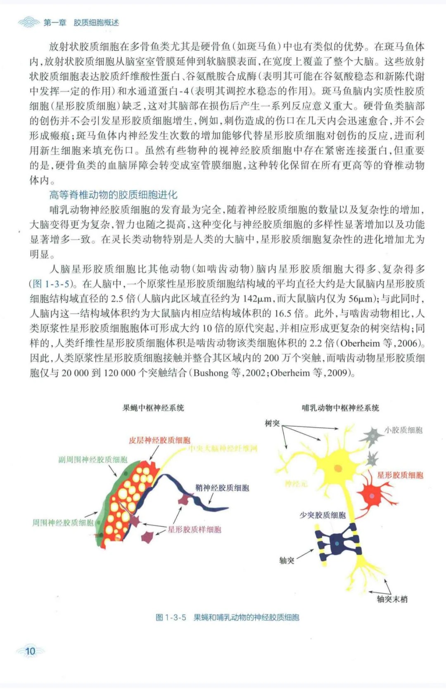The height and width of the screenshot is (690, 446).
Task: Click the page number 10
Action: coord(31,652)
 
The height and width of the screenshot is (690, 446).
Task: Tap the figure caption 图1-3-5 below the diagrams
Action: coord(227,617)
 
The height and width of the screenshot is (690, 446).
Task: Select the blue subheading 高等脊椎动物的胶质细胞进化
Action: coord(113,195)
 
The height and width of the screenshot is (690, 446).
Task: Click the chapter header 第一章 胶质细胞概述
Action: coord(81,23)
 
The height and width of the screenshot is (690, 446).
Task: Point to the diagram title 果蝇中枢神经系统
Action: coord(153,408)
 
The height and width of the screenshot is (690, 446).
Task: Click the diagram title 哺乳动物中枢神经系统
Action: coord(340,408)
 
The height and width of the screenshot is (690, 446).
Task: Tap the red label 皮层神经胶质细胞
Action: coord(159,440)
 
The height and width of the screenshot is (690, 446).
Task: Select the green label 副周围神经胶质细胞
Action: coord(93,459)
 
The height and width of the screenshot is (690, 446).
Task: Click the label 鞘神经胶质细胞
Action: coord(222,488)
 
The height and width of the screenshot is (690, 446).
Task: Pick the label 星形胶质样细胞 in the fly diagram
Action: coord(194,529)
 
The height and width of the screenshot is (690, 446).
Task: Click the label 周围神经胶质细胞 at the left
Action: coord(63,523)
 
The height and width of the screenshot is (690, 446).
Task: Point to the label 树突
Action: coord(272,423)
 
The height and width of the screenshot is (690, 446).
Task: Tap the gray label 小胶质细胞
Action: coord(403,430)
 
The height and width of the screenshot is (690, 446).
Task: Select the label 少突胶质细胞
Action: coord(323,515)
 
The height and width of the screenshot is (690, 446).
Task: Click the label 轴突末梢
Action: coord(392,599)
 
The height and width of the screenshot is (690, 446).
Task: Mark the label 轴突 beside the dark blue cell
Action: coord(287,560)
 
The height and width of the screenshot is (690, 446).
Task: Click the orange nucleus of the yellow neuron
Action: coord(338,468)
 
